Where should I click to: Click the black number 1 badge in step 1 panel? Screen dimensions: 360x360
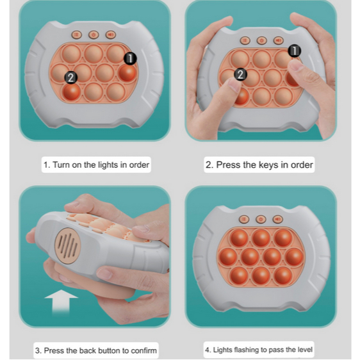coord(130,58)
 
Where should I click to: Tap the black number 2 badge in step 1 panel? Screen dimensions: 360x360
coord(71,78)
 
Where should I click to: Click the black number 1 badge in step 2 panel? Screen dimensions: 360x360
coord(294,51)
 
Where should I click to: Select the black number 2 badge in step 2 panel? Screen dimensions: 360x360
coord(240,74)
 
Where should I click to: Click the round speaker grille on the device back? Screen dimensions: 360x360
coord(68,246)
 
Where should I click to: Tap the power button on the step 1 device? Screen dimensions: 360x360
coord(94,35)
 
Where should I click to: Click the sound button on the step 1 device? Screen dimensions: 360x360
coord(111,35)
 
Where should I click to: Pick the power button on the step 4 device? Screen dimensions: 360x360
coord(261,219)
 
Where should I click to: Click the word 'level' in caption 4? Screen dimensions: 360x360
coord(305,350)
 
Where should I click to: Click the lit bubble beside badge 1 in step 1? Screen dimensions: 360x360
coord(127,73)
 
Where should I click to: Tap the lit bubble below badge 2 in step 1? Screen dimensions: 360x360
coord(71,92)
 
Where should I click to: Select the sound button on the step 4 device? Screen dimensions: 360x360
coord(278,219)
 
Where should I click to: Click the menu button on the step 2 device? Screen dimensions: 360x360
coord(245,40)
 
